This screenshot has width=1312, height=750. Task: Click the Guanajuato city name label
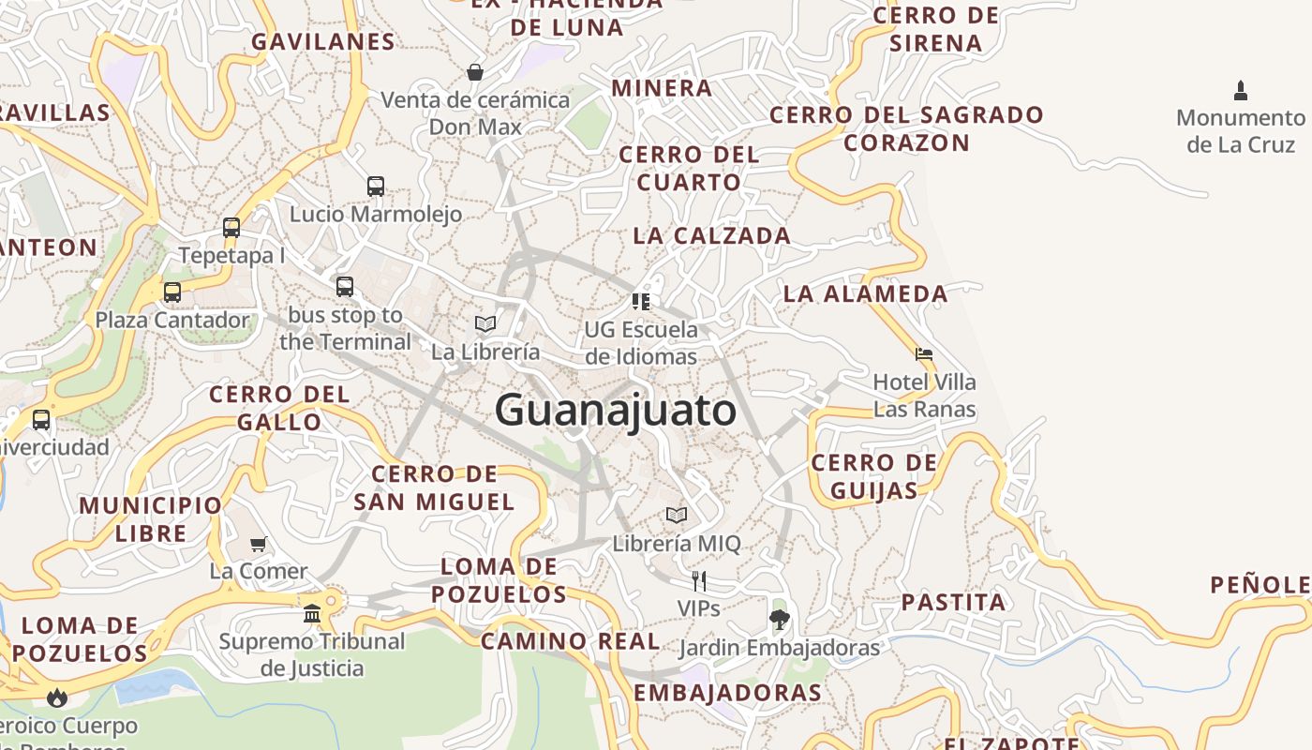click(616, 411)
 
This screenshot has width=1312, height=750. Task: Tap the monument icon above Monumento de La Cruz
click(1241, 91)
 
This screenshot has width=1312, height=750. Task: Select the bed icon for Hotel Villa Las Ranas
click(924, 354)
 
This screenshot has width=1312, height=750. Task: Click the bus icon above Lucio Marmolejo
click(376, 186)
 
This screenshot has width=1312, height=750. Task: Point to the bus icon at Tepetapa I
click(231, 227)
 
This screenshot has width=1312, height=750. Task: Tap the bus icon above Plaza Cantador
click(172, 292)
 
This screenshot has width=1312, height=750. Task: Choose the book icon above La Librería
click(485, 324)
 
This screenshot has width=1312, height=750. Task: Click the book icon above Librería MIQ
click(677, 515)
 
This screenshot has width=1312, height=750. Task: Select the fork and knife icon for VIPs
click(698, 581)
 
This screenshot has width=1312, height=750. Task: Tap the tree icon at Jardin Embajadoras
click(779, 620)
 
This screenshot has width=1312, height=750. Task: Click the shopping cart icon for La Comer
click(259, 544)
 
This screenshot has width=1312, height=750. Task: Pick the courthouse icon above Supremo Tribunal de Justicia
click(312, 614)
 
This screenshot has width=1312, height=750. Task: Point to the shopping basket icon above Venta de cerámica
click(475, 72)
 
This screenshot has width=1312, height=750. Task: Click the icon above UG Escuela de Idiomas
click(641, 302)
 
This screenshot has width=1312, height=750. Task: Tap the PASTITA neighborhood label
click(954, 602)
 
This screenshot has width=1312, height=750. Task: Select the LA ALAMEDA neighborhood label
click(866, 293)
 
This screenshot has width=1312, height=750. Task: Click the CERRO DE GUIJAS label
click(873, 476)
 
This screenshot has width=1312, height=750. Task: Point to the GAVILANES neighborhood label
click(323, 41)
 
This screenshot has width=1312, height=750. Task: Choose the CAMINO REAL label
click(571, 641)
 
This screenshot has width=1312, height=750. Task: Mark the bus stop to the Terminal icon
click(345, 286)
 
